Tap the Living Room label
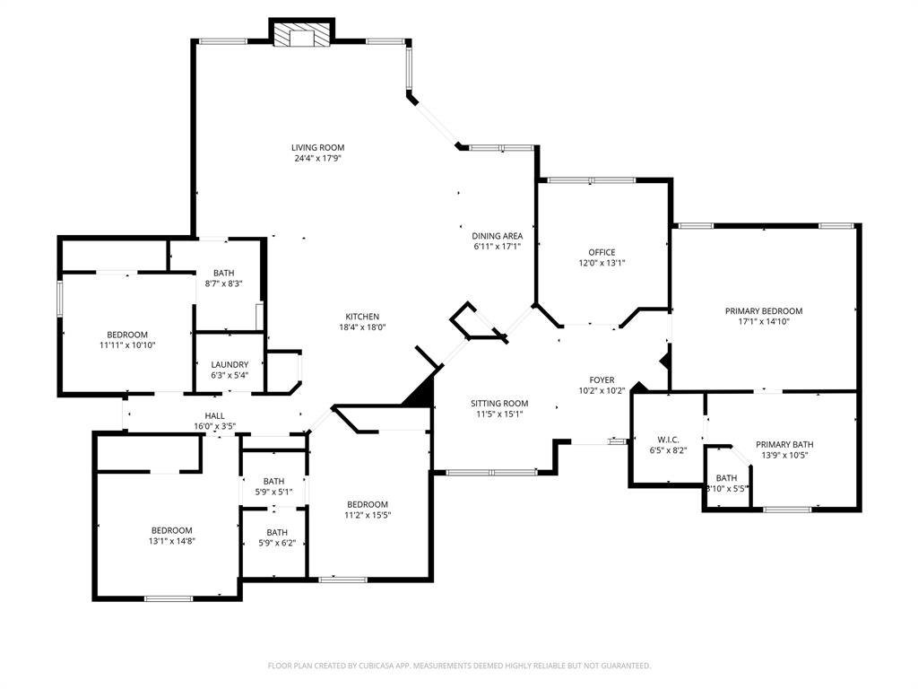click(317, 147)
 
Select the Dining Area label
click(498, 236)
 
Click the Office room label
click(602, 252)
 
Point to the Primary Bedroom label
click(763, 310)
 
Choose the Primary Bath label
click(784, 444)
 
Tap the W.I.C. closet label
click(668, 439)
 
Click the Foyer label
click(602, 379)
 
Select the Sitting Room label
click(499, 403)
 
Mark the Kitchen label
click(362, 316)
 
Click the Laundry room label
click(229, 364)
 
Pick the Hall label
click(214, 415)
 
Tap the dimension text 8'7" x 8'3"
click(223, 283)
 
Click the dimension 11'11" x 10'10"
click(127, 344)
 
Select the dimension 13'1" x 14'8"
click(171, 541)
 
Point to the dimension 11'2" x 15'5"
click(368, 515)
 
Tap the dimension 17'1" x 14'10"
click(763, 321)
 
